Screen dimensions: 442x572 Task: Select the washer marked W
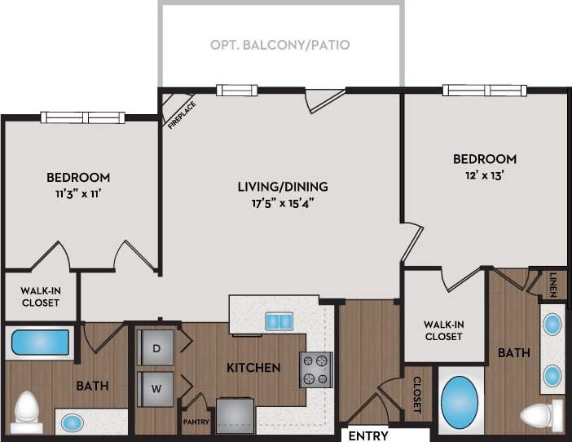156,387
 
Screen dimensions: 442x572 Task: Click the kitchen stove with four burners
316,369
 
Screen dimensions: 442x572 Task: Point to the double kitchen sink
279,321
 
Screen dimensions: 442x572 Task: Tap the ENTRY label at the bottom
367,435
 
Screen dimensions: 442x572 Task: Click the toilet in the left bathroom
28,411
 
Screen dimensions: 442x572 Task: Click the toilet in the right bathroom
541,414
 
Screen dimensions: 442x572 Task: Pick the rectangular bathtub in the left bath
40,342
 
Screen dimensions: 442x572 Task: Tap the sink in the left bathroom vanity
73,423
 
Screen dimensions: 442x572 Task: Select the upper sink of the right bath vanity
552,325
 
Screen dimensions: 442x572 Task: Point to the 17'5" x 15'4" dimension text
283,203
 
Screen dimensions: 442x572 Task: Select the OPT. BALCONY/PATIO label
281,45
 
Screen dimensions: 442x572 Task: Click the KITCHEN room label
254,367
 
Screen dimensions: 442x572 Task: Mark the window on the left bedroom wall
82,117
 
